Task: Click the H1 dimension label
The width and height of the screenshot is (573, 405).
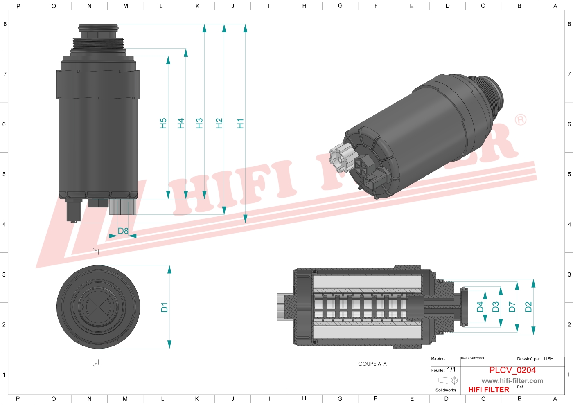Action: [x=240, y=124]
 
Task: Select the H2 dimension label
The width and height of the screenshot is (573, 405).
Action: [x=219, y=124]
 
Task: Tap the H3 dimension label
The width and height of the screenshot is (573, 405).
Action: [x=199, y=124]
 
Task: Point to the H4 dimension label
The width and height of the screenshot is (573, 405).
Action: [x=180, y=124]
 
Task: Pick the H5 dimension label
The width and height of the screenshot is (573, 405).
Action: [x=163, y=124]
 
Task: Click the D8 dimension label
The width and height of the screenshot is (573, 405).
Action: [x=123, y=231]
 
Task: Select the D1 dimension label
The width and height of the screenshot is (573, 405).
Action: [x=165, y=308]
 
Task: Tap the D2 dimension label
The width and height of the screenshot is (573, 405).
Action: [x=528, y=307]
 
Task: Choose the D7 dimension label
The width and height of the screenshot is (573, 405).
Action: [x=512, y=307]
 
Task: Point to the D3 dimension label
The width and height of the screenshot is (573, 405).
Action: [x=496, y=307]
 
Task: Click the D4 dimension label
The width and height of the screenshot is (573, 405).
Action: [x=480, y=307]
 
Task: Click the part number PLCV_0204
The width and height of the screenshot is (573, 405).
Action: [x=512, y=370]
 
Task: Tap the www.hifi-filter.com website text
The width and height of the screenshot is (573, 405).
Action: [x=512, y=381]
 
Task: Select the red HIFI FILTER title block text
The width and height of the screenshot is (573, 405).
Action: [x=489, y=390]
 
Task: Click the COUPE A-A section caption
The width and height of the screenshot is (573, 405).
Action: [x=372, y=364]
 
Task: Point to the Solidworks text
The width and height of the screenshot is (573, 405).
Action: [x=446, y=390]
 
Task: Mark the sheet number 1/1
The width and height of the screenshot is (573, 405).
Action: [x=451, y=369]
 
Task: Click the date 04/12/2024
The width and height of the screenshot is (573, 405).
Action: [x=477, y=358]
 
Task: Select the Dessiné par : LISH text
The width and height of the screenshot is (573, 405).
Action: [x=535, y=359]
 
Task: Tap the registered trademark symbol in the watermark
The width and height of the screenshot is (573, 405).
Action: [x=521, y=120]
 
